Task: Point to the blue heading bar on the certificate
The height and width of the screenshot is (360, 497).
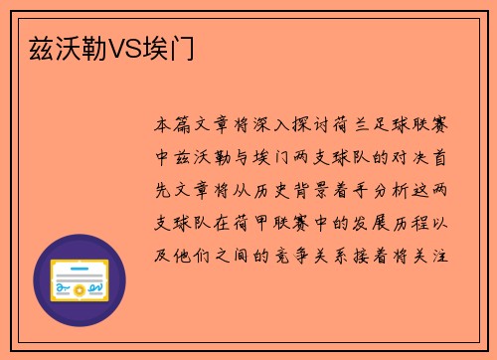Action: (x=80, y=268)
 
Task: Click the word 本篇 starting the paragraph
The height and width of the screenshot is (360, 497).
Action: (x=174, y=126)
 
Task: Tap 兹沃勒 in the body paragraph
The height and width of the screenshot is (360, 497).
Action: (x=205, y=158)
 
